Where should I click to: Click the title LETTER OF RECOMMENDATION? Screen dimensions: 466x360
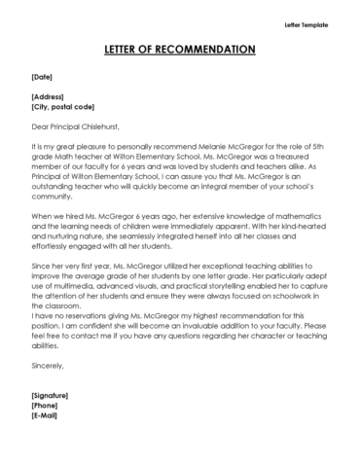click(x=179, y=50)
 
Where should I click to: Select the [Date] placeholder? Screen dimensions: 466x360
click(x=42, y=75)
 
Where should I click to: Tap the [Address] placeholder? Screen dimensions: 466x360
click(x=48, y=97)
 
